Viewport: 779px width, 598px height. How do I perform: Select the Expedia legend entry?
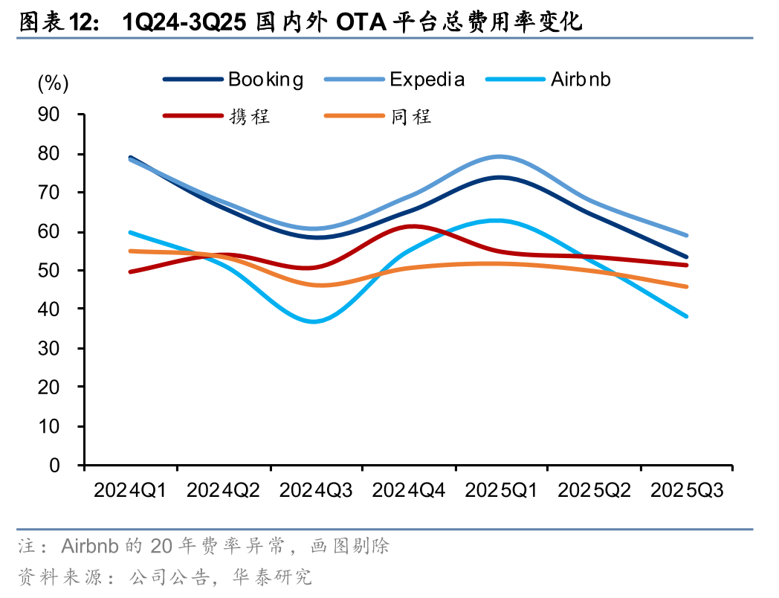pyautogui.click(x=427, y=80)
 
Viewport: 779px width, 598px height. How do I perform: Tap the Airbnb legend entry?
pyautogui.click(x=580, y=80)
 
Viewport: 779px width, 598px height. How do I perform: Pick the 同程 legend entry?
pyautogui.click(x=411, y=116)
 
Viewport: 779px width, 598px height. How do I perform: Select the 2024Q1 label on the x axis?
pyautogui.click(x=130, y=490)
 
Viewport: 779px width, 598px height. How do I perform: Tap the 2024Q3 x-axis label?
pyautogui.click(x=316, y=490)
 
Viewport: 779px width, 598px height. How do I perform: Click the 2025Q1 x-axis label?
pyautogui.click(x=501, y=490)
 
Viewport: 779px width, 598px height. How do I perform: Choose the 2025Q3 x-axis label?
pyautogui.click(x=686, y=490)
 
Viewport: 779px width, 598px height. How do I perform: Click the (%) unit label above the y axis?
pyautogui.click(x=53, y=84)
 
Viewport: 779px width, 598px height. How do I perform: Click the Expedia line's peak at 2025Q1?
pyautogui.click(x=500, y=157)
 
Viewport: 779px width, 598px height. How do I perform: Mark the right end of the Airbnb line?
pyautogui.click(x=686, y=316)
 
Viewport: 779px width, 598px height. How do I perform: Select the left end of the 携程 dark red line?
pyautogui.click(x=130, y=271)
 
